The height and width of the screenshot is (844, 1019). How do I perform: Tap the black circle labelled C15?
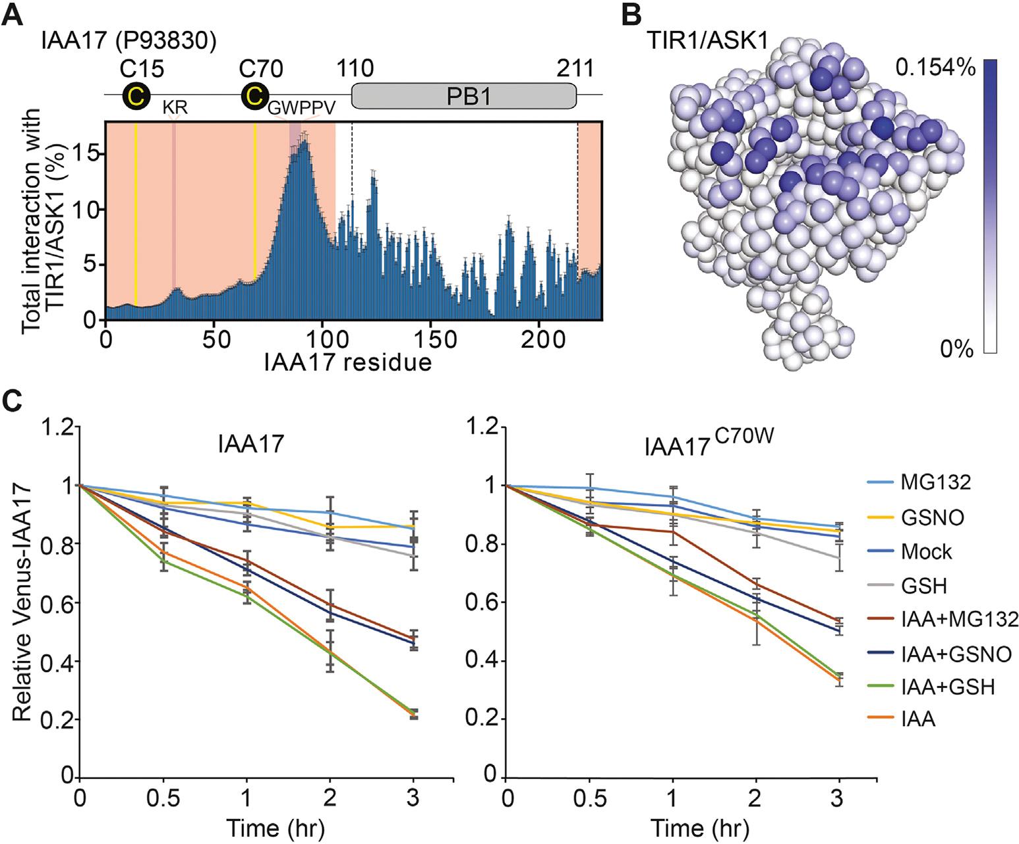135,96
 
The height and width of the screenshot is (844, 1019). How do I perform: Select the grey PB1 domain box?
464,96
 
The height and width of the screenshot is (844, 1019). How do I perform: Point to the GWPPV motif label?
301,108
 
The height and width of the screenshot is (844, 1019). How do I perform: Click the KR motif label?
175,107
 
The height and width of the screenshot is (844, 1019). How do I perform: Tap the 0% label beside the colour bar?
956,349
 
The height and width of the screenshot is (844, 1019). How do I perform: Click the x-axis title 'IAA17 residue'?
348,362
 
